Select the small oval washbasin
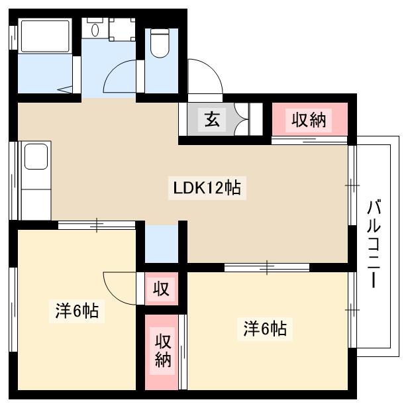(x=95, y=30)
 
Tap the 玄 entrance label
(x=211, y=120)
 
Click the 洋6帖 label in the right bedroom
(x=265, y=328)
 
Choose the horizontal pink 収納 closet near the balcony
(x=309, y=120)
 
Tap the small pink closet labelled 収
(x=161, y=289)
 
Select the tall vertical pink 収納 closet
(x=163, y=350)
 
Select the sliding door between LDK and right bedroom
(x=266, y=268)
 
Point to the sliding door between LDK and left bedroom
(x=97, y=225)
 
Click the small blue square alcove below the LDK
(x=161, y=243)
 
